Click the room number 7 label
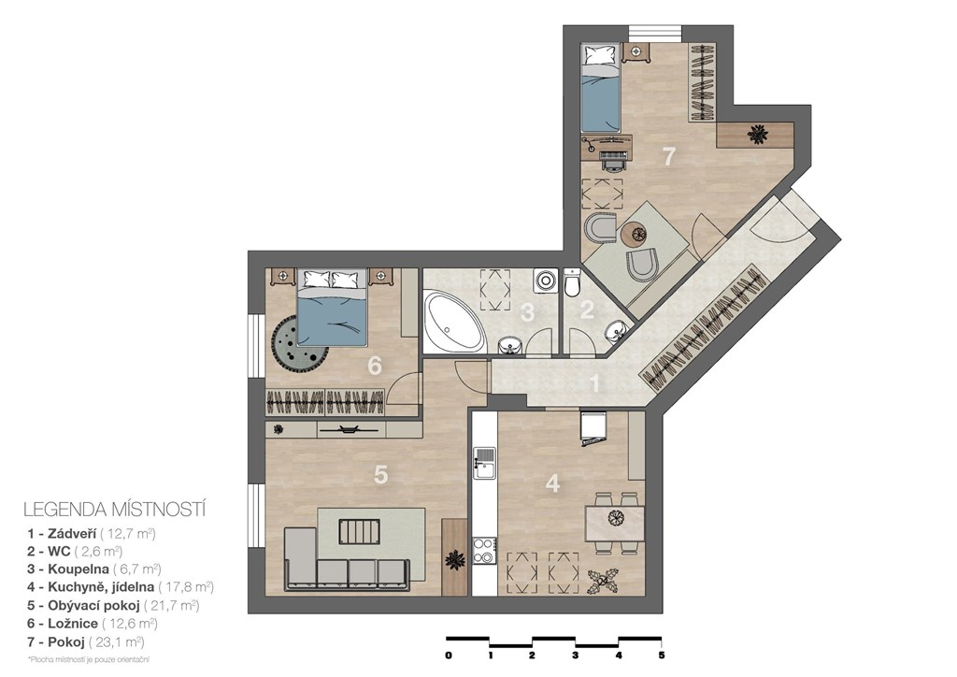[669, 156]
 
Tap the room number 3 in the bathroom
[528, 312]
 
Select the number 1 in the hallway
[593, 384]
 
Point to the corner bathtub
[454, 322]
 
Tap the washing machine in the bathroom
[545, 281]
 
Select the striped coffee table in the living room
[360, 532]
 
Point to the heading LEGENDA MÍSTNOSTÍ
[114, 509]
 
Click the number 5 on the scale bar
[662, 655]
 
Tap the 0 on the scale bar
[449, 655]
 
